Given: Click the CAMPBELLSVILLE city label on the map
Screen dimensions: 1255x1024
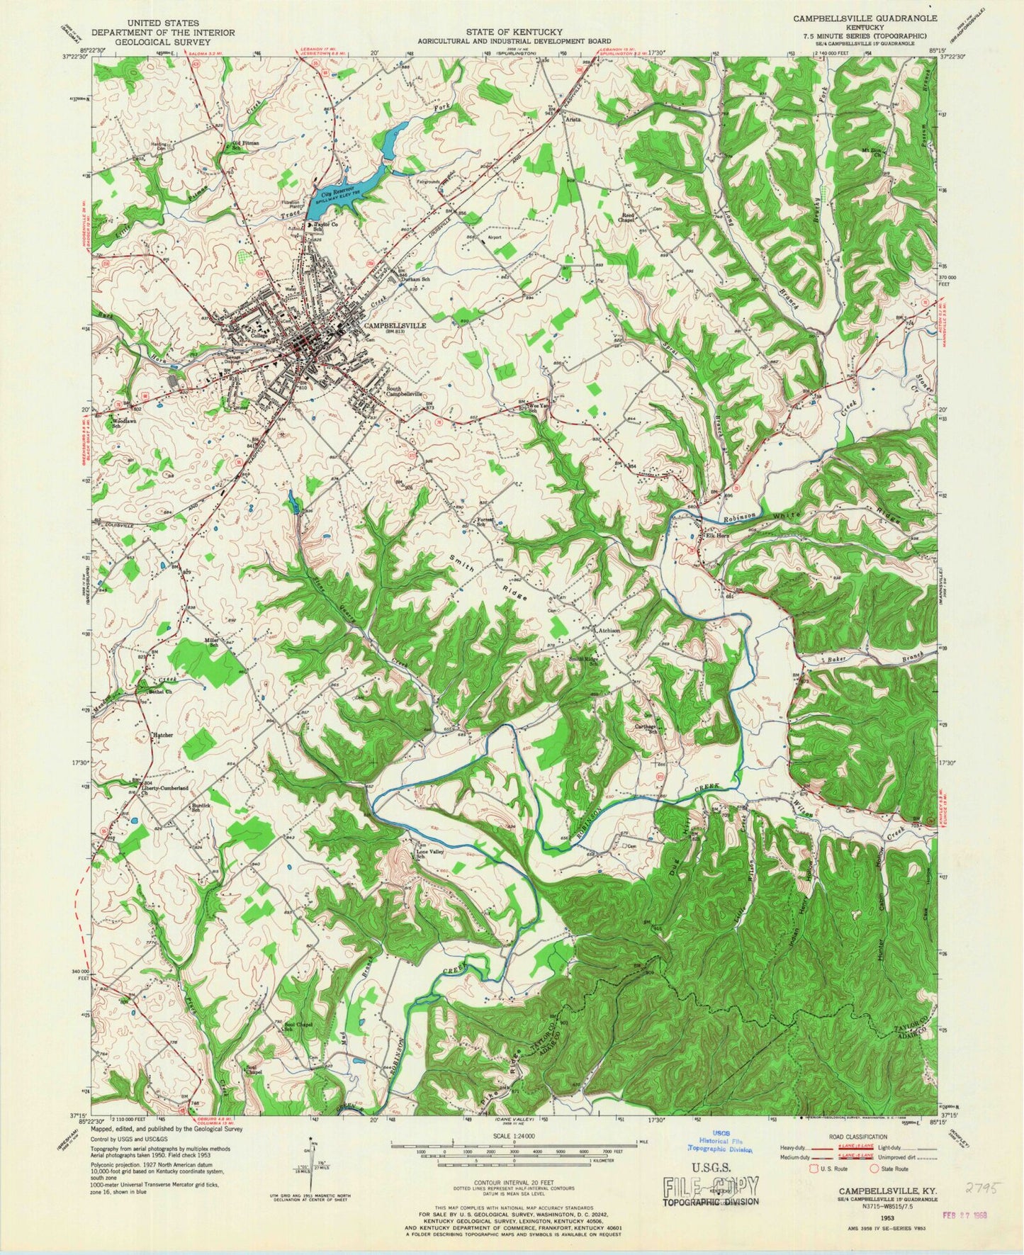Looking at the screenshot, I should coord(395,325).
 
